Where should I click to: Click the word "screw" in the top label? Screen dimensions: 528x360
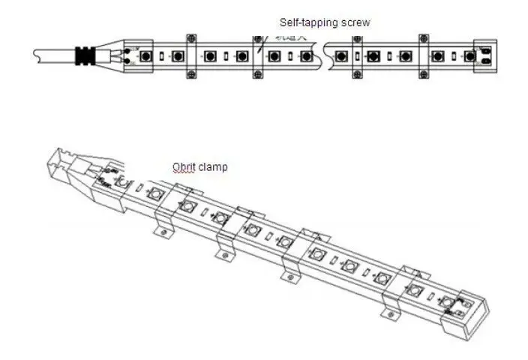click(x=356, y=22)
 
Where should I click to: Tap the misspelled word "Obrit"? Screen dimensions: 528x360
click(x=184, y=167)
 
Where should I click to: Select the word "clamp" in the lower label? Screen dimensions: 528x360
click(x=213, y=167)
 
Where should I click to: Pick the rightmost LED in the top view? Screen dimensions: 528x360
click(x=471, y=56)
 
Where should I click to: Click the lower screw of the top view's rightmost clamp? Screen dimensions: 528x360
click(x=422, y=73)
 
